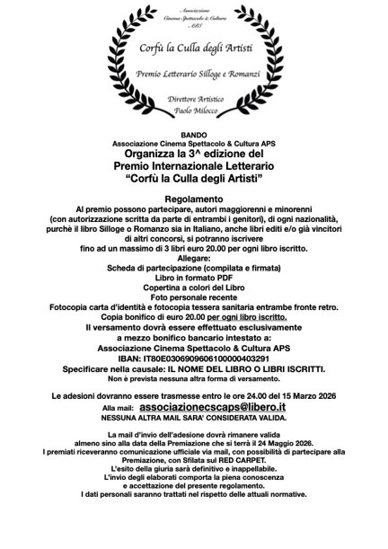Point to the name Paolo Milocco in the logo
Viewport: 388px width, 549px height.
[x=193, y=111]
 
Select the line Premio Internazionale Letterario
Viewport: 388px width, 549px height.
[x=194, y=167]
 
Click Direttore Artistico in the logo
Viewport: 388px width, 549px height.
[x=193, y=97]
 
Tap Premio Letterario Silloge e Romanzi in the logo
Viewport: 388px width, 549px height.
[x=193, y=72]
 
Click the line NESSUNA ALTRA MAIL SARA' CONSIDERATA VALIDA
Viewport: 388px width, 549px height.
[x=194, y=419]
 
